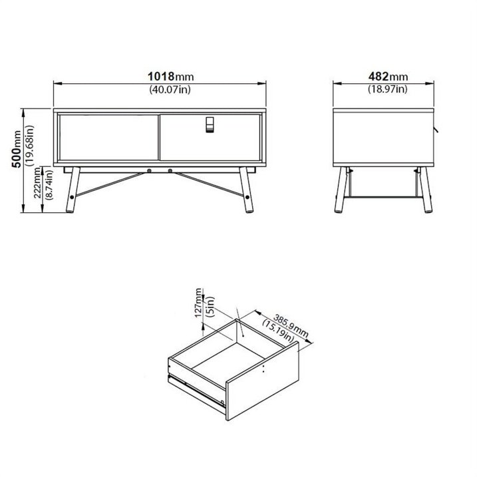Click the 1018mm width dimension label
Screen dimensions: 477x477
click(x=171, y=77)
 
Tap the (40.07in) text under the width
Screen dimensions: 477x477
click(x=170, y=89)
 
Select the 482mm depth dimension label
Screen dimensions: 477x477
click(x=388, y=77)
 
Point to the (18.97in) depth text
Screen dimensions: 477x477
click(x=388, y=89)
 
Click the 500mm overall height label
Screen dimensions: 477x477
click(x=16, y=149)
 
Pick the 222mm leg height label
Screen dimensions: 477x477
click(x=37, y=183)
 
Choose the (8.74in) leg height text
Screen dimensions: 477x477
click(x=49, y=184)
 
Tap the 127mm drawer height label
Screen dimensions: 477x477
click(x=198, y=303)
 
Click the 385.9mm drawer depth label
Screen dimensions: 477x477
click(x=291, y=325)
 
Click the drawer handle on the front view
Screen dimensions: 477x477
click(x=210, y=124)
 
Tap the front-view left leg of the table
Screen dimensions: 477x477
click(x=73, y=190)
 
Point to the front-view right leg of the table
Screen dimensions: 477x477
click(x=246, y=190)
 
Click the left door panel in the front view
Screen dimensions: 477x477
click(x=109, y=137)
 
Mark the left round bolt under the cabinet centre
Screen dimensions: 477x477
click(x=149, y=171)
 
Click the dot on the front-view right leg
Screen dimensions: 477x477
click(x=247, y=197)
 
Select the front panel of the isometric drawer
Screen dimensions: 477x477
click(x=262, y=381)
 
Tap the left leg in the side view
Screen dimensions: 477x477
click(x=341, y=190)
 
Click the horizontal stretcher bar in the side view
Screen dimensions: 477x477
click(x=383, y=197)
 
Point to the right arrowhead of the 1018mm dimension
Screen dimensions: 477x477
click(x=262, y=83)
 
